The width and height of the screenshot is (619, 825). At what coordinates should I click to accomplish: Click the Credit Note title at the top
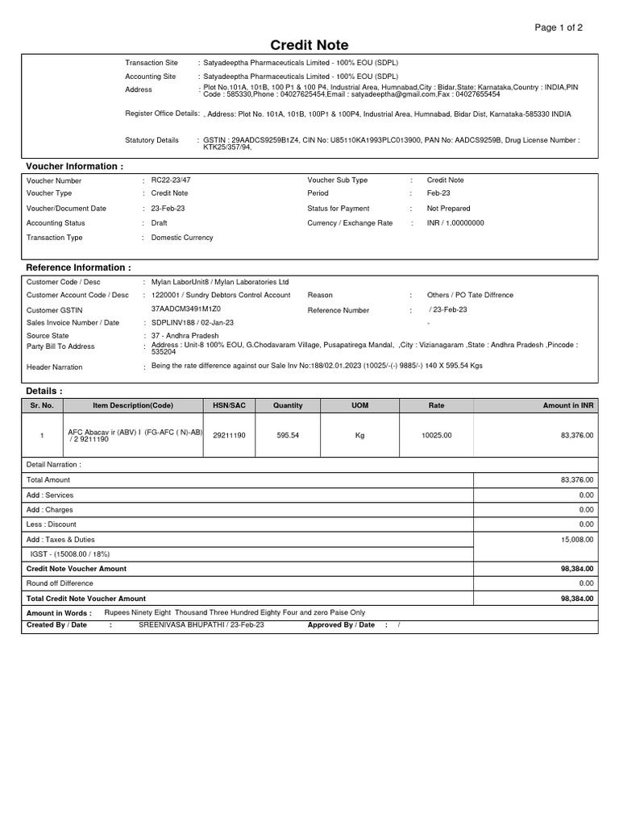(x=309, y=45)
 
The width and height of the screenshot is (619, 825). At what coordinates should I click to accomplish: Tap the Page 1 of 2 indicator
(x=559, y=27)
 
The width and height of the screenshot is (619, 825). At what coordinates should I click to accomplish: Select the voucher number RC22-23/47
(x=171, y=180)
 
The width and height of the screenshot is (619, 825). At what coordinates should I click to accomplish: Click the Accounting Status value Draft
(x=160, y=223)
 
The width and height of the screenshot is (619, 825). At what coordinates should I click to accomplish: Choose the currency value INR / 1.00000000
(x=455, y=223)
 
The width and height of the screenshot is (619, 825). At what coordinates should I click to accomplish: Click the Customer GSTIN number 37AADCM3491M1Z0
(x=185, y=309)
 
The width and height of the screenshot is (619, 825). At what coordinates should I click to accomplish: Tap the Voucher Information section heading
(x=75, y=166)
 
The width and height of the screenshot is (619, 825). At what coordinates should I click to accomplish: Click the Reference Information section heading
(x=78, y=267)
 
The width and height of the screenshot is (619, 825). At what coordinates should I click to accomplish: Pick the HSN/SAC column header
(x=229, y=405)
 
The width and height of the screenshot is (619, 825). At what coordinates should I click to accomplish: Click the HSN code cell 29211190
(x=229, y=435)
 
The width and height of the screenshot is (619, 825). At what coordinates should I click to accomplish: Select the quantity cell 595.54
(x=288, y=435)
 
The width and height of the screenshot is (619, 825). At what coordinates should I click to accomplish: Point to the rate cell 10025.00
(x=436, y=435)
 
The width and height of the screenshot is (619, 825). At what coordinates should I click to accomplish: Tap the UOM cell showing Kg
(x=360, y=435)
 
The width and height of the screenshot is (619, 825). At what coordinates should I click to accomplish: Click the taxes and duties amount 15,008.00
(x=576, y=540)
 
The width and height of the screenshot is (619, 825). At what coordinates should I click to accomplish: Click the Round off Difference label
(x=60, y=583)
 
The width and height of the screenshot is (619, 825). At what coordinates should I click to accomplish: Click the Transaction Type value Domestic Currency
(x=182, y=238)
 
